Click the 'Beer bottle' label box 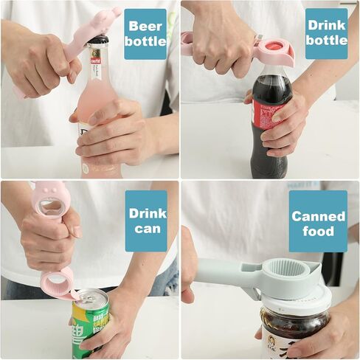point(145,33)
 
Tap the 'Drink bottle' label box point(326,33)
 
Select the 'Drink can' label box point(146,221)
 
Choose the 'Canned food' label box point(318,223)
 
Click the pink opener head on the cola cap point(274,52)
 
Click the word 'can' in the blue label point(146,229)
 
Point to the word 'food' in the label point(318,231)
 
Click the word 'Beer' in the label point(145,26)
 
